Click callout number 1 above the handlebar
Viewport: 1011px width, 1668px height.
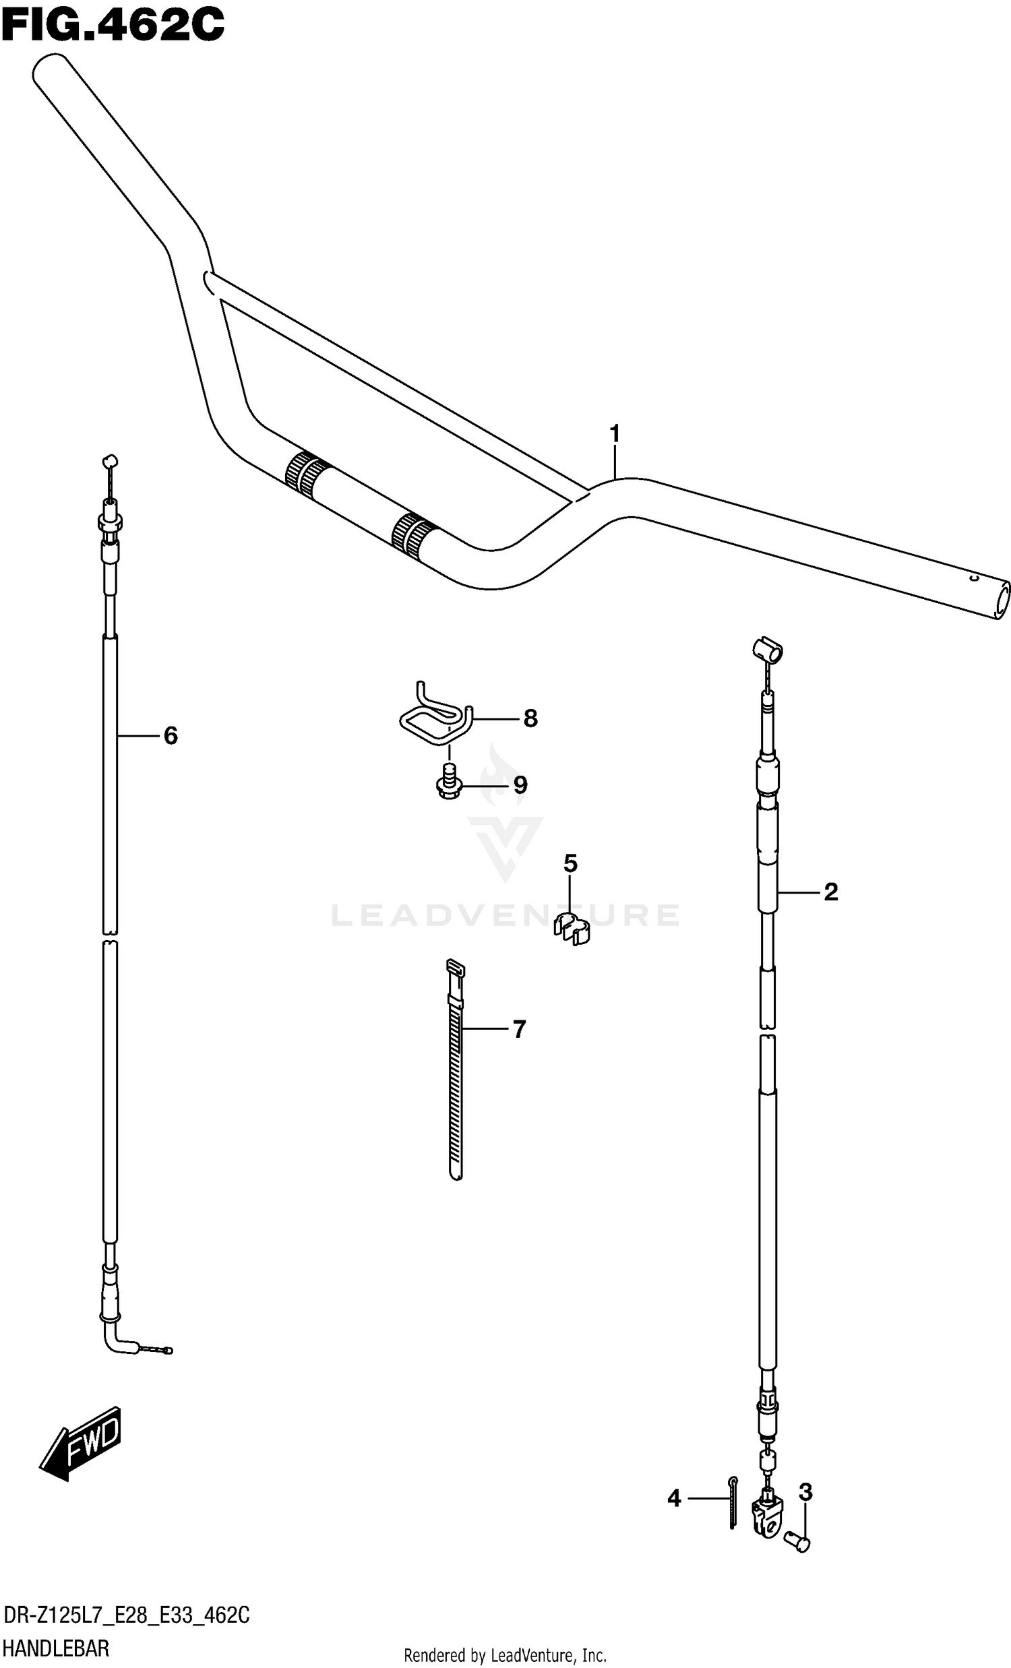pos(615,433)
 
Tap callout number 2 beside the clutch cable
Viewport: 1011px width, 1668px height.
pos(831,892)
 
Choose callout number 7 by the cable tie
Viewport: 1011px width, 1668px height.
pos(519,1030)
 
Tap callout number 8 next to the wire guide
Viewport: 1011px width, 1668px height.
pos(530,718)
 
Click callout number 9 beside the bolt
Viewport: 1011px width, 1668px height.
pos(520,785)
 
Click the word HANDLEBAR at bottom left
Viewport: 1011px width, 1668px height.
pos(56,1648)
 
